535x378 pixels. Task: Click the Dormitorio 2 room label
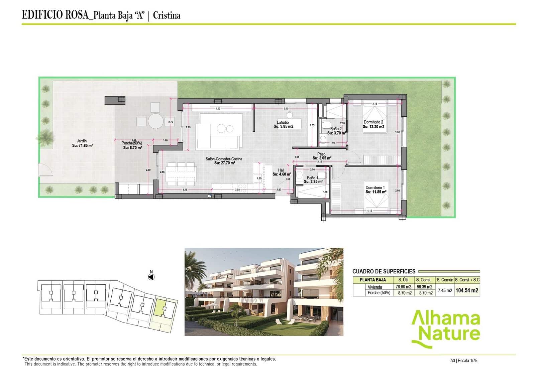tap(373, 122)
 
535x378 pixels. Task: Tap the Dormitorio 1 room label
tap(375, 188)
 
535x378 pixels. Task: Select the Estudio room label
tap(283, 122)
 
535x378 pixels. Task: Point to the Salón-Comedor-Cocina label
tap(224, 159)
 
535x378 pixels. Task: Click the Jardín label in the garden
tap(82, 141)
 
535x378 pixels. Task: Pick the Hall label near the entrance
tap(281, 170)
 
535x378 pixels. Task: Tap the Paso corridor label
tap(321, 154)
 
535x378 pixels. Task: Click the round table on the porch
tap(156, 121)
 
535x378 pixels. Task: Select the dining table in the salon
tap(181, 174)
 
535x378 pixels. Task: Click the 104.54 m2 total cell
tap(467, 290)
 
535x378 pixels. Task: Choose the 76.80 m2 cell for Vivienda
tap(403, 287)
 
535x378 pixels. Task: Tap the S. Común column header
tap(445, 280)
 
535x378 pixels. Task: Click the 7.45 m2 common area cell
tap(445, 290)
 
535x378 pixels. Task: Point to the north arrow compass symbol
tap(151, 277)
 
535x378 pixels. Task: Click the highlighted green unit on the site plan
tap(160, 308)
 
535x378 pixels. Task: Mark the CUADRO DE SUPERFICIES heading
tap(384, 271)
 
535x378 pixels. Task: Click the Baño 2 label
tap(336, 129)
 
